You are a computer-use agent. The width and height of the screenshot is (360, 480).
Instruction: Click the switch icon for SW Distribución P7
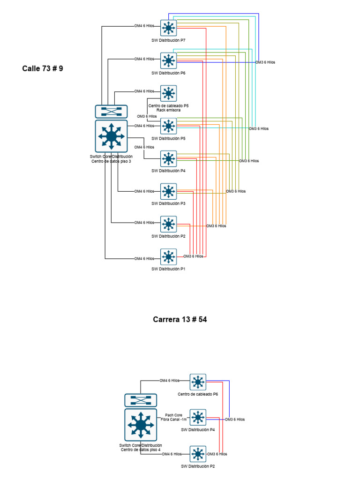pyautogui.click(x=168, y=28)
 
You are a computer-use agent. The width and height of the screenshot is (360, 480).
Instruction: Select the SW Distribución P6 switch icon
pyautogui.click(x=168, y=60)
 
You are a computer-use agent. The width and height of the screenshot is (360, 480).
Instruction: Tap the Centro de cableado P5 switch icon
pyautogui.click(x=168, y=93)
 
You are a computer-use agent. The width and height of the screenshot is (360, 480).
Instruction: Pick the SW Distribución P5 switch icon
pyautogui.click(x=168, y=126)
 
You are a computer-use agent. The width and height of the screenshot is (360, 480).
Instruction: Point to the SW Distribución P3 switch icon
pyautogui.click(x=168, y=191)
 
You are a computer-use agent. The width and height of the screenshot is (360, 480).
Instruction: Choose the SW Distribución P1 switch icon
pyautogui.click(x=168, y=257)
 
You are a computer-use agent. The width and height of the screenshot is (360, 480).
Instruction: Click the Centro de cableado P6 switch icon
pyautogui.click(x=198, y=382)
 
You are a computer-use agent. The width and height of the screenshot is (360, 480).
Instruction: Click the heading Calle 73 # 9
pyautogui.click(x=43, y=68)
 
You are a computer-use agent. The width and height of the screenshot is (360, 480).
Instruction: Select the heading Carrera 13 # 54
pyautogui.click(x=180, y=320)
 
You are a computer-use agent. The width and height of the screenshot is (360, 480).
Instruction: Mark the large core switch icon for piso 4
pyautogui.click(x=141, y=425)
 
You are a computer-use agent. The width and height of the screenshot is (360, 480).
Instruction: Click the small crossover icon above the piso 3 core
pyautogui.click(x=111, y=112)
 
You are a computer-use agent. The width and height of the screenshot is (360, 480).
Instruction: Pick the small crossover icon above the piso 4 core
pyautogui.click(x=141, y=400)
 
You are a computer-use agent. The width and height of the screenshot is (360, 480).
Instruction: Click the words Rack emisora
pyautogui.click(x=168, y=110)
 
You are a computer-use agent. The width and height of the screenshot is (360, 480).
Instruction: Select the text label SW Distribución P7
pyautogui.click(x=168, y=41)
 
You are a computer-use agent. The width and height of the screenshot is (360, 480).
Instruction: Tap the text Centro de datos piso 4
pyautogui.click(x=141, y=450)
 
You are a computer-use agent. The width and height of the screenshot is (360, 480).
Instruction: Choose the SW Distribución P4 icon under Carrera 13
pyautogui.click(x=198, y=417)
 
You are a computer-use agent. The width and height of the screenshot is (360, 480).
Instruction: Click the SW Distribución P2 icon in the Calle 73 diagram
pyautogui.click(x=168, y=224)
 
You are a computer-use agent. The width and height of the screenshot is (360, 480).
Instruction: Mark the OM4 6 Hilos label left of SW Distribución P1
pyautogui.click(x=144, y=259)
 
